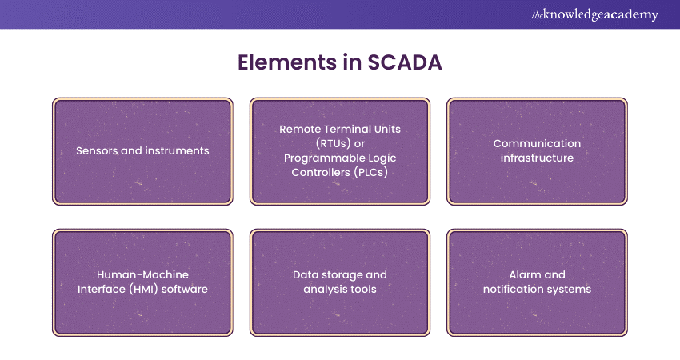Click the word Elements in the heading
[x=282, y=63]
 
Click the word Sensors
[x=95, y=150]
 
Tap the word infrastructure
[x=537, y=158]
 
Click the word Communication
[x=537, y=143]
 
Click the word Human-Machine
[x=142, y=274]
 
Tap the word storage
[x=344, y=274]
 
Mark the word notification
[x=515, y=289]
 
